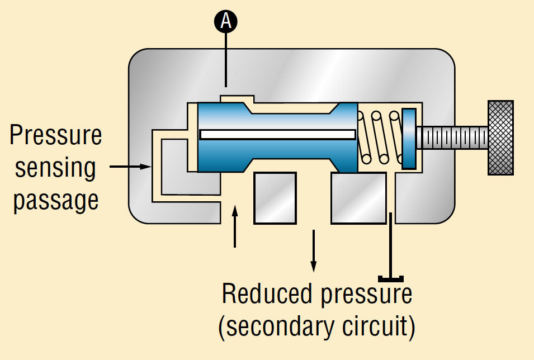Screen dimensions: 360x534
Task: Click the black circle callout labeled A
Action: tap(226, 22)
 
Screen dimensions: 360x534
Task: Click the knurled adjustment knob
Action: tap(500, 138)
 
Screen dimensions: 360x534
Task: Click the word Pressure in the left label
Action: tap(56, 135)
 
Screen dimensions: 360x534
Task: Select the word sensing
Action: tap(56, 167)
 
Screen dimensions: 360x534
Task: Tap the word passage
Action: tap(56, 200)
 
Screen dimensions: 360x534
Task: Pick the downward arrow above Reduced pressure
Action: tap(314, 249)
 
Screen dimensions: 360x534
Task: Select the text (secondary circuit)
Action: tap(316, 327)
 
